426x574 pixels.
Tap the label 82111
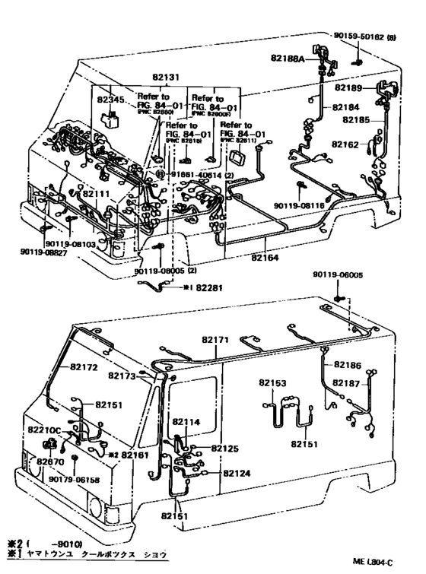[x=97, y=195]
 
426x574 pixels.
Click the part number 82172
[x=85, y=366]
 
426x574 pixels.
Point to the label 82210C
[x=46, y=430]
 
